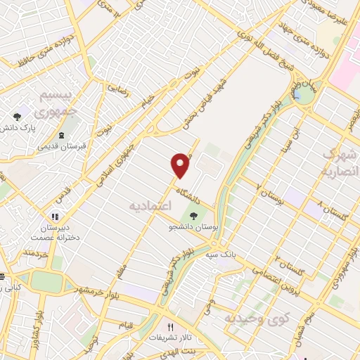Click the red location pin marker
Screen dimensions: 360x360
click(x=181, y=165)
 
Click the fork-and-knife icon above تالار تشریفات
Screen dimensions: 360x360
click(x=170, y=327)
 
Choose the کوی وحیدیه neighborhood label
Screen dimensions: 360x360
click(x=257, y=319)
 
